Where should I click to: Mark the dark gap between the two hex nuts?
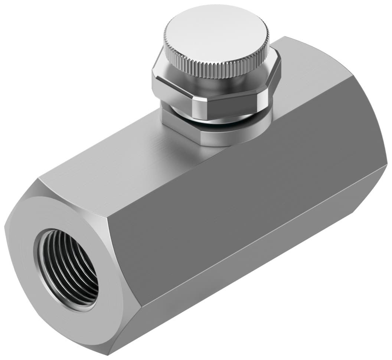point(223,120)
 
